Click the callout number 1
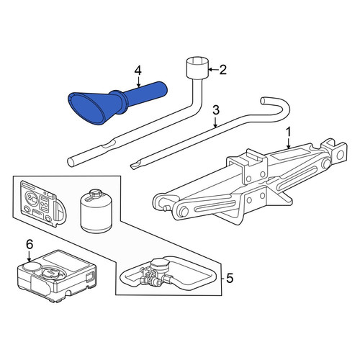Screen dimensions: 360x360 (288, 132)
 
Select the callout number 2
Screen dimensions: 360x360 (222, 70)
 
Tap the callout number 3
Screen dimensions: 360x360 (216, 110)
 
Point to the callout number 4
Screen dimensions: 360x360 (138, 71)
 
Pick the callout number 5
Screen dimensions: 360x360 (230, 279)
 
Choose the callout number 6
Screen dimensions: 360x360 (29, 245)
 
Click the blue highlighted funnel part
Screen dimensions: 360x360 (115, 102)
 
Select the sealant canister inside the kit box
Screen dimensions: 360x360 (96, 211)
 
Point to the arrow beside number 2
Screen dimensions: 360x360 (213, 70)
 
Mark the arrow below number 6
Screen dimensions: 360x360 (29, 256)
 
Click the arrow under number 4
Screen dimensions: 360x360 (138, 81)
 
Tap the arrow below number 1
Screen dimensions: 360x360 (288, 143)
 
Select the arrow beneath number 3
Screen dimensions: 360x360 (215, 122)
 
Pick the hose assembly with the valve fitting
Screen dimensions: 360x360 (166, 276)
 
